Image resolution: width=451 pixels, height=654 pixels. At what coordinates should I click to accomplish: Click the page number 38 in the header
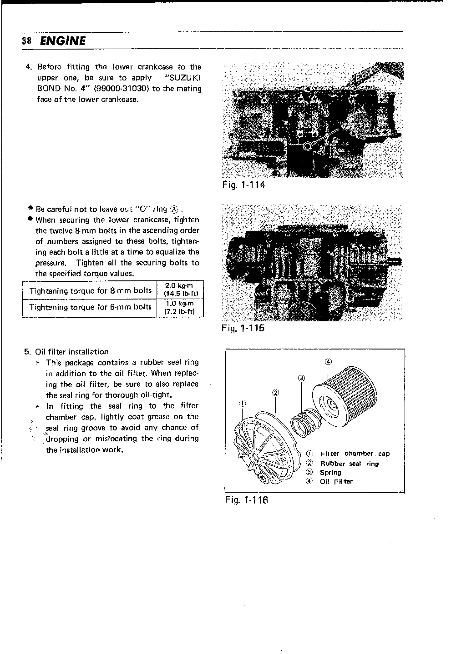26,41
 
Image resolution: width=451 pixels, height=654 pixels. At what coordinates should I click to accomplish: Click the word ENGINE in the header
62,41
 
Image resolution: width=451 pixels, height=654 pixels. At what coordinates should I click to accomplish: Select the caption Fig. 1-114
243,185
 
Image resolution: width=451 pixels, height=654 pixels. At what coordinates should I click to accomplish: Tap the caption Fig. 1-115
243,328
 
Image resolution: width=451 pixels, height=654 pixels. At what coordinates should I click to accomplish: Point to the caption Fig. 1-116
246,500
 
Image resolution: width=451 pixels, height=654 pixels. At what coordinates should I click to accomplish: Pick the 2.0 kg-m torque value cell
180,290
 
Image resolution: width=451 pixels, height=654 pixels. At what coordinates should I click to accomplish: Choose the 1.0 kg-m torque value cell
180,307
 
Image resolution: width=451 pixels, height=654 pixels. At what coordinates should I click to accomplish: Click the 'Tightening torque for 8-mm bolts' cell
90,290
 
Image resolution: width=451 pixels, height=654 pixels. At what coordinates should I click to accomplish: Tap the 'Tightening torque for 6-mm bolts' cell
90,307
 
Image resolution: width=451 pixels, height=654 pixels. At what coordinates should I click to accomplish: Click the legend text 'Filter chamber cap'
355,454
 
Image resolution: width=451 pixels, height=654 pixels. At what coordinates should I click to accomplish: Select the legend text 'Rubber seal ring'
349,464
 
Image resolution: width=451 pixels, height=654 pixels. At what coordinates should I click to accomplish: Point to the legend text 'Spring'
330,473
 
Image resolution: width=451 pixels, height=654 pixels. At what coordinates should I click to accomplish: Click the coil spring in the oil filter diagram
304,423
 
